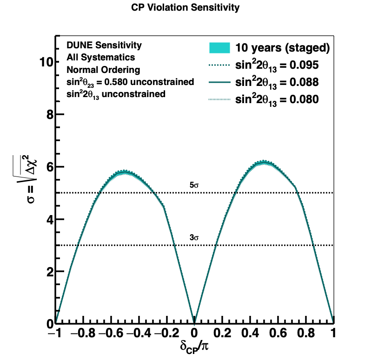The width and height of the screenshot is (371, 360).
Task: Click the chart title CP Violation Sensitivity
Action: [185, 7]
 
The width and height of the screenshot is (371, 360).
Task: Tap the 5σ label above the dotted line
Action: [194, 185]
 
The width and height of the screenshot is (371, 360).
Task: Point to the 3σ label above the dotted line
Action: [194, 237]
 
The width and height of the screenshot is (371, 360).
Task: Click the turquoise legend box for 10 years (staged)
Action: [219, 48]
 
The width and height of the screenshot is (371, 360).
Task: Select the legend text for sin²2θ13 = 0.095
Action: [277, 65]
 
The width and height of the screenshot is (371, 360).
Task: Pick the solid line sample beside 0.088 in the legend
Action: [219, 82]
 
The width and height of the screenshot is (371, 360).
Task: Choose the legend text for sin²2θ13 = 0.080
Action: [277, 100]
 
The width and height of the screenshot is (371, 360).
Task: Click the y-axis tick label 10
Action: [46, 62]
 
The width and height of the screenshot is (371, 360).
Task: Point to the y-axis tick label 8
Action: [50, 115]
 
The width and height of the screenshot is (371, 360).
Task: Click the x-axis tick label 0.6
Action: [278, 333]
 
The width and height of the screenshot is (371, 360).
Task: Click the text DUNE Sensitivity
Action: [104, 45]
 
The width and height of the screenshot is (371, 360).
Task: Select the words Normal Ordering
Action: [103, 70]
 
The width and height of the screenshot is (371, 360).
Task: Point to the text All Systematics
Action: [100, 58]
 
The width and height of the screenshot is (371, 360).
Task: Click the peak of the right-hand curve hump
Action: [264, 162]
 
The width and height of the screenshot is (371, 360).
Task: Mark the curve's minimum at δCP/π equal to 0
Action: [194, 322]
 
